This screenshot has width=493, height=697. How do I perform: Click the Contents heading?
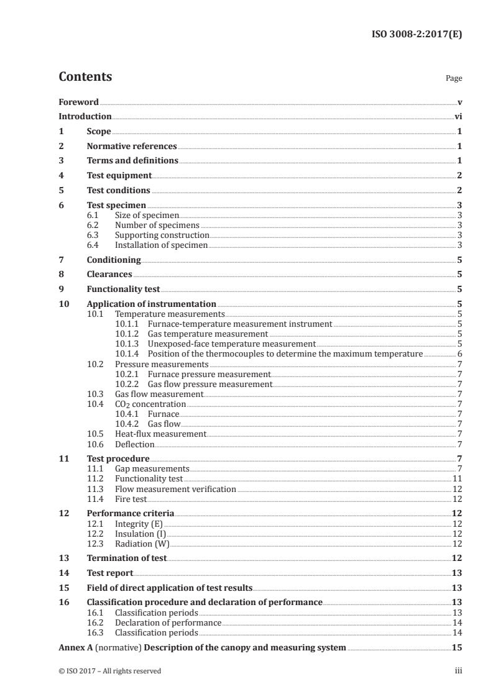click(85, 78)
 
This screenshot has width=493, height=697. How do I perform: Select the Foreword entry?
click(78, 102)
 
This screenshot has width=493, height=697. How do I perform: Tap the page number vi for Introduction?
click(458, 116)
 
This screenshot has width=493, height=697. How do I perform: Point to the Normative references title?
click(132, 147)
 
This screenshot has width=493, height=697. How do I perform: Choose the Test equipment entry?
click(119, 175)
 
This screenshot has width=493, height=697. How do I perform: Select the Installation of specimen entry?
click(161, 245)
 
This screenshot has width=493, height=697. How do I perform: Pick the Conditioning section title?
click(114, 260)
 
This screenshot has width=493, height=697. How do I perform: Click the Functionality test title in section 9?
click(123, 289)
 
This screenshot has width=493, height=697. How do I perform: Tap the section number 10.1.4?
click(127, 353)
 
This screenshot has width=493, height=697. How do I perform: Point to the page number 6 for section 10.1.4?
click(459, 353)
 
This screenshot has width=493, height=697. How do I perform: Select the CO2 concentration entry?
click(150, 404)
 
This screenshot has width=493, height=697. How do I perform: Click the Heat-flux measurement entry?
click(160, 434)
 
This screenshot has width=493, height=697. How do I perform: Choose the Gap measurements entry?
click(152, 469)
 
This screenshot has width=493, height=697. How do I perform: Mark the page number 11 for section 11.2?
click(457, 479)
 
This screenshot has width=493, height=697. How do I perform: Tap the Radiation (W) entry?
click(141, 544)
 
